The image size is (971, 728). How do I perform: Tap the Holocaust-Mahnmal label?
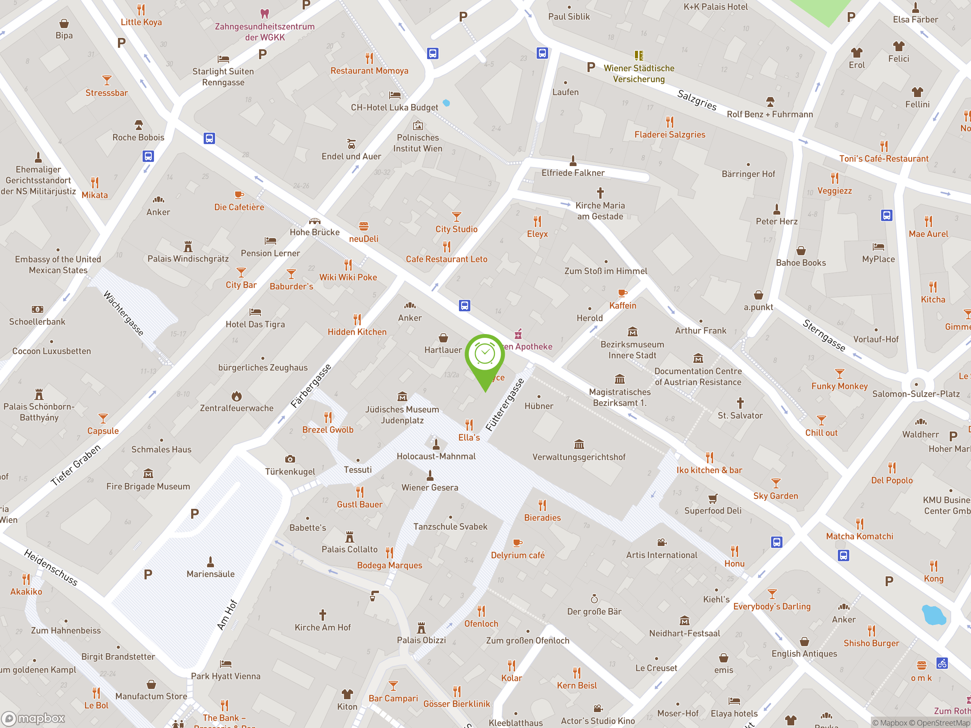coord(436,457)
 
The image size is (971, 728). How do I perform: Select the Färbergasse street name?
coord(311,386)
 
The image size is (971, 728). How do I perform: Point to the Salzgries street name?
coord(697,100)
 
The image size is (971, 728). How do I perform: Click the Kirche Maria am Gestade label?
coord(600,211)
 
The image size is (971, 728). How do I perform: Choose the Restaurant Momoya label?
coord(369,71)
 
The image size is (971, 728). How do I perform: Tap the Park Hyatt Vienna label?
coord(226,676)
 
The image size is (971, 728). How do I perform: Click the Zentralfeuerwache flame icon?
coord(237,396)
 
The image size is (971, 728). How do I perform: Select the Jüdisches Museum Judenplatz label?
coord(402,415)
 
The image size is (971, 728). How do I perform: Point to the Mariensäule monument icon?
coord(211,562)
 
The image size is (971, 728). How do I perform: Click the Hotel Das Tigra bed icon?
coord(255,312)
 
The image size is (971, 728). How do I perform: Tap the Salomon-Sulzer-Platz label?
coord(916,394)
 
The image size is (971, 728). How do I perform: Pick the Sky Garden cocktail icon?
coord(776,483)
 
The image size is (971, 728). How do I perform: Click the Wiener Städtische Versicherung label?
coord(639,74)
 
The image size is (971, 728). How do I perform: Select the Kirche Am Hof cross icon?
coord(323,615)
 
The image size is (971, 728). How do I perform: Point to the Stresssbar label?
coord(107,93)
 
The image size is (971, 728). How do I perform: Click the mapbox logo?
coord(34,719)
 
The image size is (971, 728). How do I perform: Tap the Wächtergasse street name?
coord(123,313)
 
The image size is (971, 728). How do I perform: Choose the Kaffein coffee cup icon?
coord(622,293)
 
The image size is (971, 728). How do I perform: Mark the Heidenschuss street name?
coord(50,567)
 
